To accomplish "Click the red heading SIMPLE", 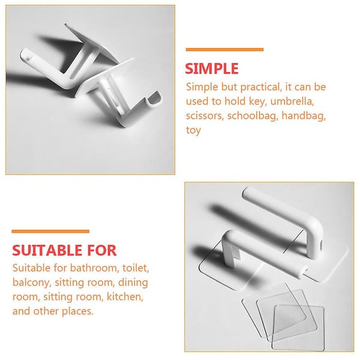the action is point(212,68).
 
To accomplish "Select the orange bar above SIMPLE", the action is point(224,50).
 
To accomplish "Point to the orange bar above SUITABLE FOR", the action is point(50,231).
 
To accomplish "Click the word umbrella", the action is point(292,101).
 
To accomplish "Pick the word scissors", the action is point(205,116).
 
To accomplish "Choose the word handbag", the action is point(304,116).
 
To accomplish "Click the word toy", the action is point(193,130).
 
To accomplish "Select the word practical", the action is point(261,88).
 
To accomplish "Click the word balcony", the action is point(31,283).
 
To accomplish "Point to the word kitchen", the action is point(125,297).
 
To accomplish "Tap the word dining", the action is point(133,283).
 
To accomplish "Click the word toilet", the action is point(136,268).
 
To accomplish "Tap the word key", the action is point(257,102).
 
